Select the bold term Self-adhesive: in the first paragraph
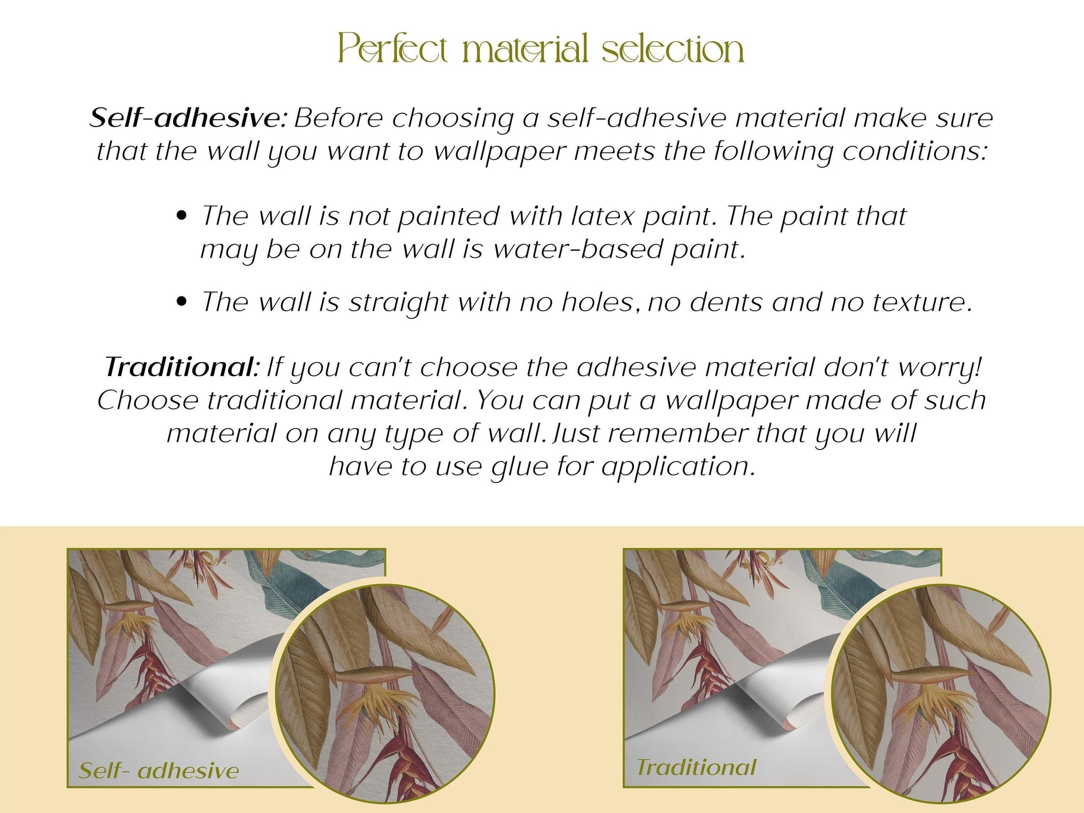(x=189, y=118)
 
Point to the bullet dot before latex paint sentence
(x=180, y=216)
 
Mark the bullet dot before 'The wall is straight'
(x=180, y=301)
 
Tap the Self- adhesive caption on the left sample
(x=159, y=771)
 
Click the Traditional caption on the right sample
(x=696, y=767)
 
